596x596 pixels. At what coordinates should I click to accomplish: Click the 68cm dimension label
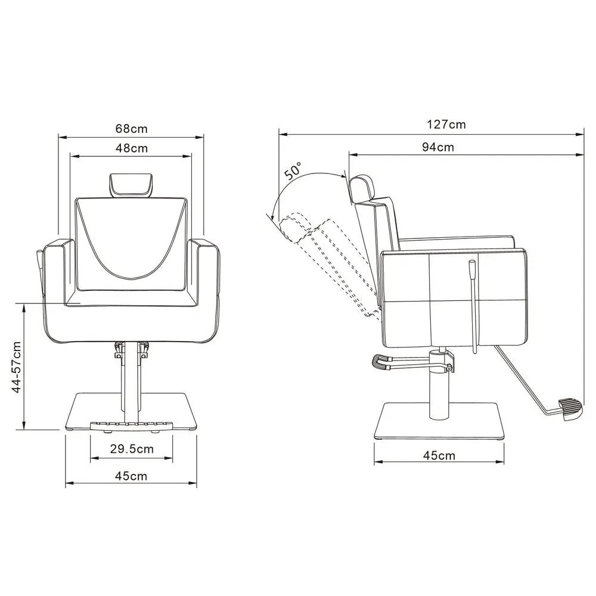132,129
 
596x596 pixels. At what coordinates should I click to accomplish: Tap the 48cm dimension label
132,148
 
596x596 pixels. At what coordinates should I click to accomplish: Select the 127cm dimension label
446,125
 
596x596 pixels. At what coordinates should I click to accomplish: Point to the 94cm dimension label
438,147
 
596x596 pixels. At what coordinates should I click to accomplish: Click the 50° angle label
294,170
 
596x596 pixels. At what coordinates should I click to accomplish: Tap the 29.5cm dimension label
132,449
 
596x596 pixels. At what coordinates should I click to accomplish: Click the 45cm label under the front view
131,476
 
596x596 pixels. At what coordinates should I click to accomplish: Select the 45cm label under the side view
439,455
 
